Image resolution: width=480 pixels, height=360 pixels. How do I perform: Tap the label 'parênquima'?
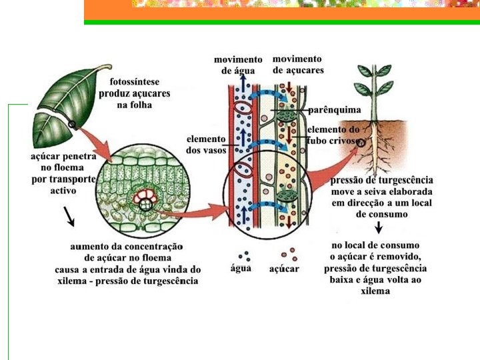point(335,109)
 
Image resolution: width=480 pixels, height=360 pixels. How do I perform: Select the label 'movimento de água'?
point(238,65)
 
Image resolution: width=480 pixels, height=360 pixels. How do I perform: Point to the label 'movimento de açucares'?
point(298,65)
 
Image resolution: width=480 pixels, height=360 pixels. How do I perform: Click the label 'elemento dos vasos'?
point(205,145)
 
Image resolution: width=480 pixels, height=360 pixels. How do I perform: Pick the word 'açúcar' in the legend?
point(284,269)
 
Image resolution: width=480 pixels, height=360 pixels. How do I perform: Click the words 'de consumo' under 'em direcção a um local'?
point(380,214)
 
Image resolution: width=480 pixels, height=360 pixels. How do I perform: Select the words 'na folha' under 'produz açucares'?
point(135,105)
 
